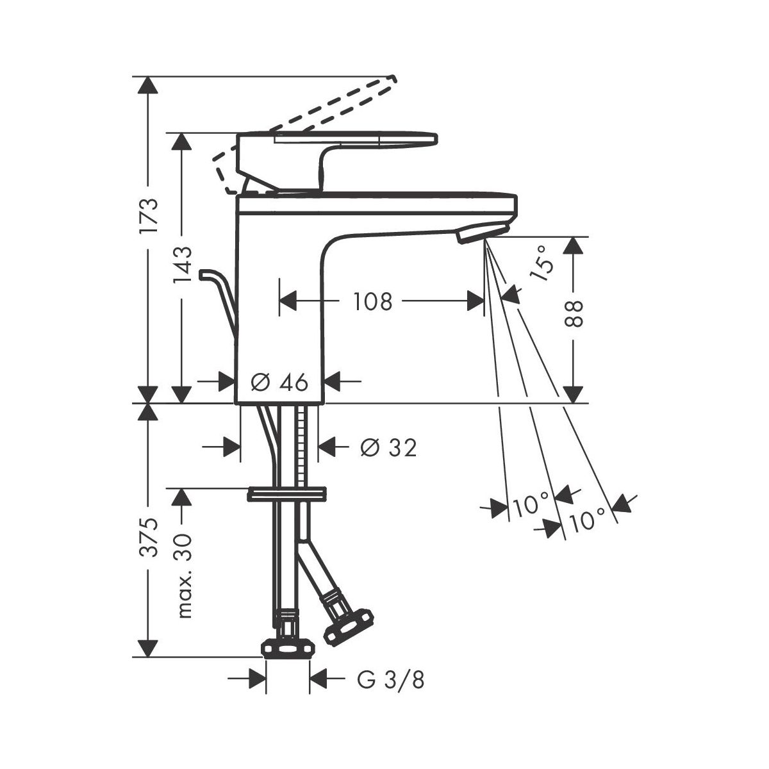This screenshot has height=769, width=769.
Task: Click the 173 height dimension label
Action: tap(149, 215)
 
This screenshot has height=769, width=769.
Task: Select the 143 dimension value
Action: tap(183, 265)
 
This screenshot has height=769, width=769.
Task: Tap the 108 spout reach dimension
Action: tap(373, 301)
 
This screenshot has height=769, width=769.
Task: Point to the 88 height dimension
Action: tap(574, 313)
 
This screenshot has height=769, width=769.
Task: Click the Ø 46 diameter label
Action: tap(279, 383)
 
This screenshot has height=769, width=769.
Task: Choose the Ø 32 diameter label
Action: tap(388, 447)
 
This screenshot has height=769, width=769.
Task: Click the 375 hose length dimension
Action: tap(149, 538)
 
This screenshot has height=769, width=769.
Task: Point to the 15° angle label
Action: tap(542, 263)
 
